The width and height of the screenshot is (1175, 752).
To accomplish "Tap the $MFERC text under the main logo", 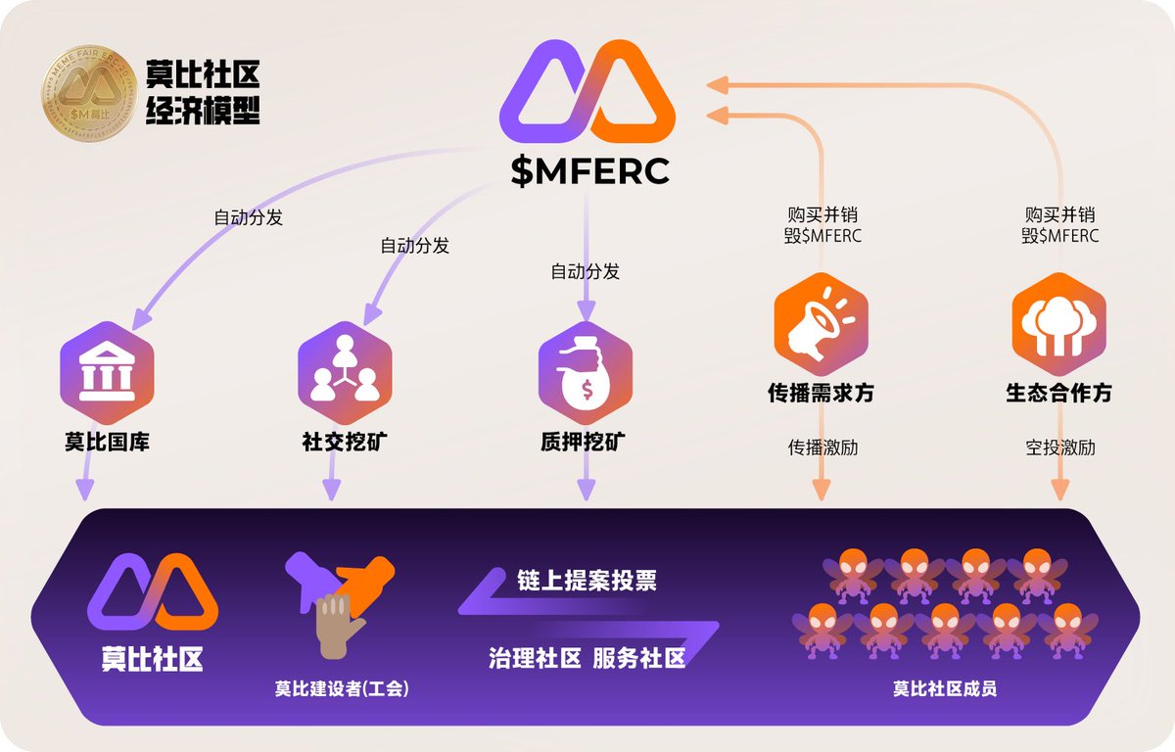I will point(589,170).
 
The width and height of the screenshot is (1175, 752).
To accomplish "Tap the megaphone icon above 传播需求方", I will point(821,324).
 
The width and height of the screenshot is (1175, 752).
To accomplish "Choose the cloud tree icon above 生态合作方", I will point(1058,324).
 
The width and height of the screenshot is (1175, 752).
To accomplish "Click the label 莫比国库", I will point(108,443).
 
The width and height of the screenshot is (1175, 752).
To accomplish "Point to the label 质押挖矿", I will point(583,443).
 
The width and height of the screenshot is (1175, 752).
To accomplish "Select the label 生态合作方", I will point(1058,394).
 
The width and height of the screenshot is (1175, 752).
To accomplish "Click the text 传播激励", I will point(822,448).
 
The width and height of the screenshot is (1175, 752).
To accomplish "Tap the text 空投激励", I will point(1060,448).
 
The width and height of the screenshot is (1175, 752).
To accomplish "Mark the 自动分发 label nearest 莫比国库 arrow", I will point(249,217).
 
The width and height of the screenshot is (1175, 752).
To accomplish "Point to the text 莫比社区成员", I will point(944,688).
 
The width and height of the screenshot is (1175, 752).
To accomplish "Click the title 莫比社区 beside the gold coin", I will point(203,73).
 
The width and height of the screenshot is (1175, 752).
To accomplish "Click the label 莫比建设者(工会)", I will point(342,688).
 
